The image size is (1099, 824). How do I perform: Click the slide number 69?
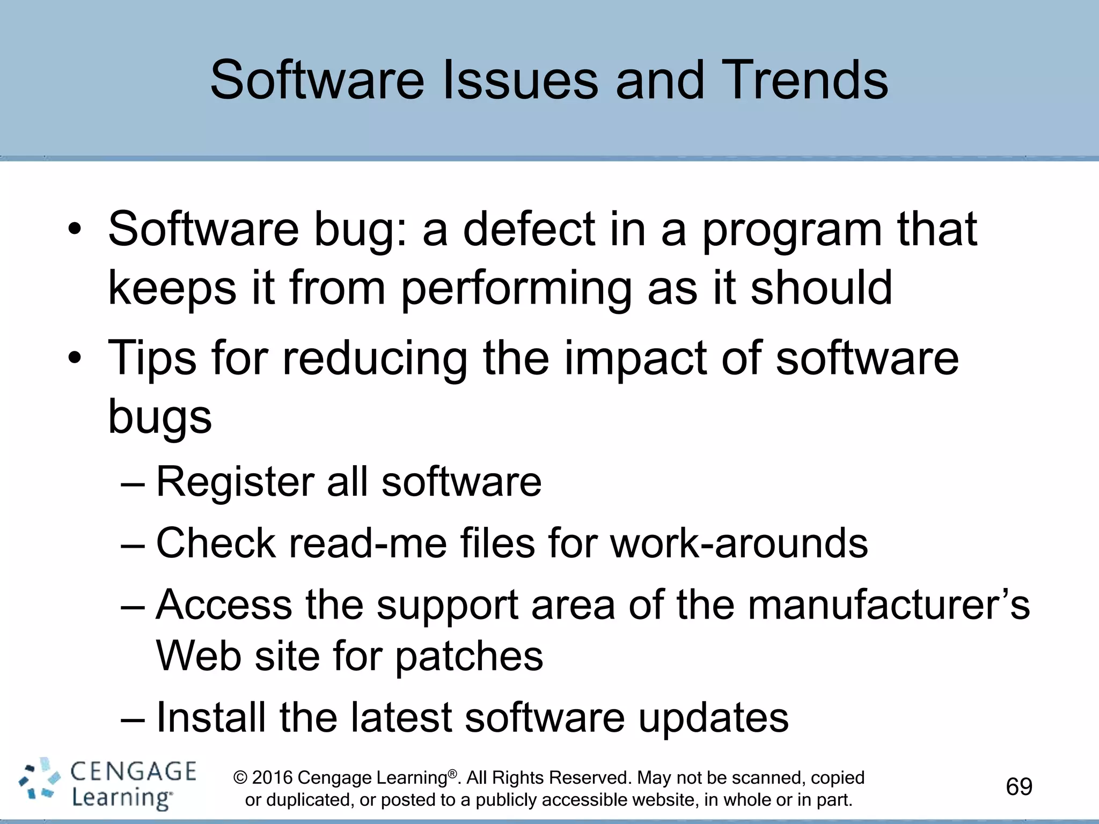(x=1019, y=786)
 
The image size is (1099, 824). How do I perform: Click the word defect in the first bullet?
(x=529, y=230)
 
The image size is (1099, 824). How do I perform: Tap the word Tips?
(x=152, y=358)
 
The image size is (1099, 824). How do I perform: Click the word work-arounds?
(x=739, y=543)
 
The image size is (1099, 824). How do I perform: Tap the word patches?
(x=469, y=657)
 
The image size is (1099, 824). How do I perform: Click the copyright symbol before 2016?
(x=240, y=777)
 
